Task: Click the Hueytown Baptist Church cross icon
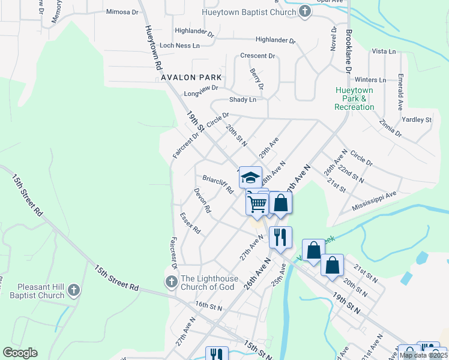(305, 11)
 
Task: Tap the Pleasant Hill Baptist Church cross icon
(73, 291)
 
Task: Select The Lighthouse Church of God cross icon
(171, 281)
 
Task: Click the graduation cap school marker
(250, 177)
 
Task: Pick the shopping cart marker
(258, 204)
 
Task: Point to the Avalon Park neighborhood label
(191, 78)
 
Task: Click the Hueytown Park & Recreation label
(354, 98)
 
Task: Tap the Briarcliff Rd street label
(217, 184)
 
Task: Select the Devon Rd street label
(202, 201)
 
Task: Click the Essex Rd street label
(190, 223)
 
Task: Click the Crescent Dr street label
(257, 56)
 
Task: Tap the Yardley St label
(417, 120)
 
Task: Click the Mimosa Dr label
(121, 11)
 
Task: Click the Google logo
(20, 353)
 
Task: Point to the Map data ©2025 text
(423, 355)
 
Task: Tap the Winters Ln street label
(370, 80)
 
